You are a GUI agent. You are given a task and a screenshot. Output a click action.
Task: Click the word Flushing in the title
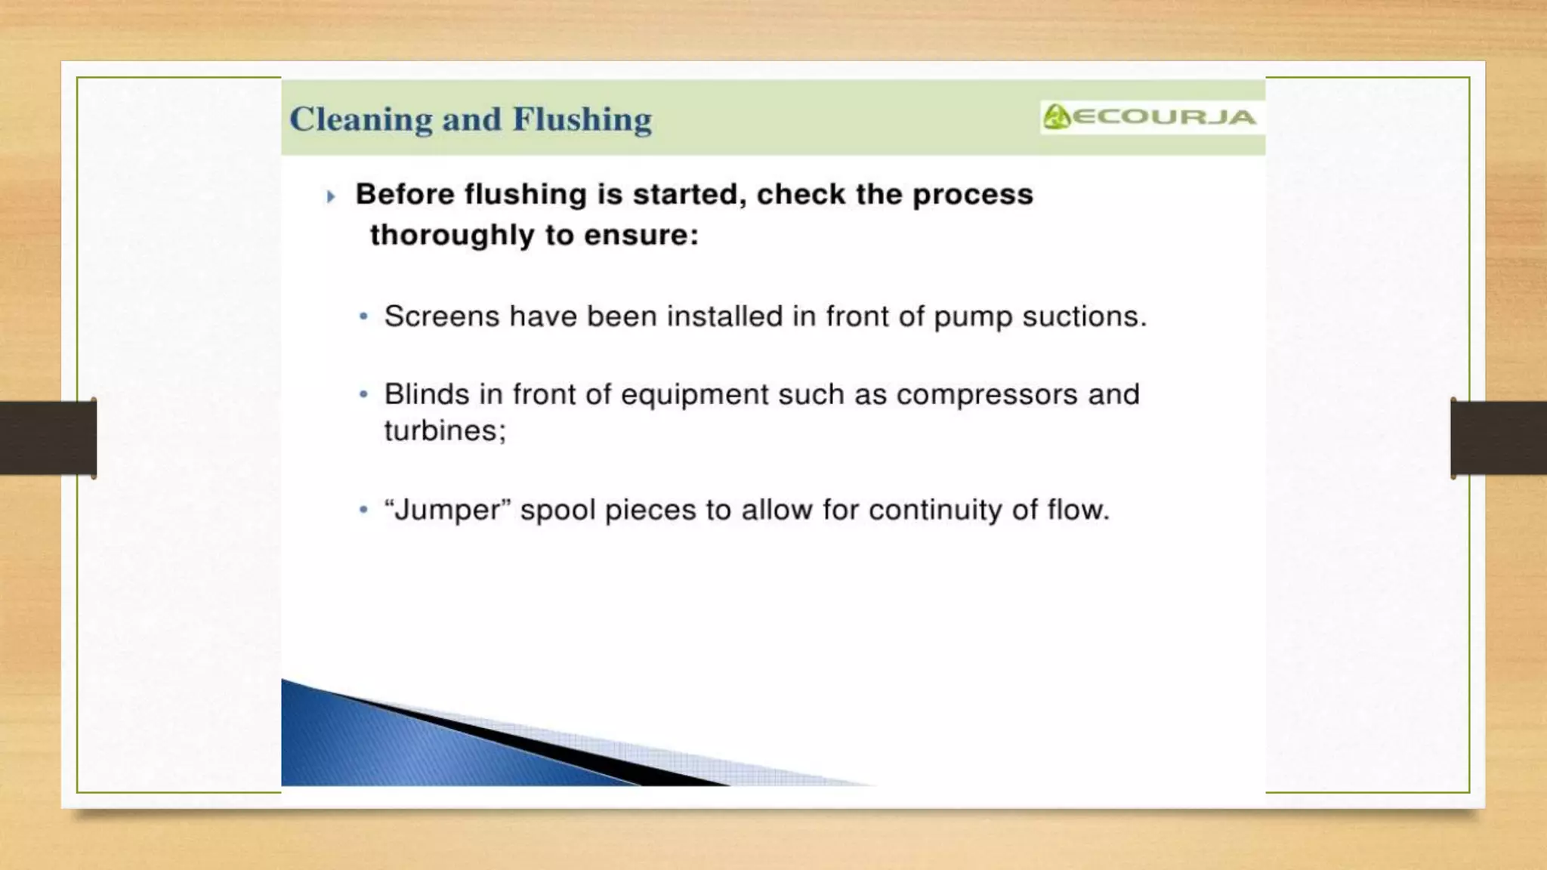(x=582, y=119)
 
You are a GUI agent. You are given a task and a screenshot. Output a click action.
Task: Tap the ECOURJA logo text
(x=1164, y=117)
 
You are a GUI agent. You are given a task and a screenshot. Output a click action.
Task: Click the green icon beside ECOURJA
(x=1056, y=117)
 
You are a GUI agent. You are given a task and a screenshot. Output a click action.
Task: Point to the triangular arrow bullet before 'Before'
(x=330, y=197)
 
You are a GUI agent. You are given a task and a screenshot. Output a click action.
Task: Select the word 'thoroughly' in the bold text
(x=452, y=235)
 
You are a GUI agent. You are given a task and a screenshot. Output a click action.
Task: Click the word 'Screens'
(x=442, y=316)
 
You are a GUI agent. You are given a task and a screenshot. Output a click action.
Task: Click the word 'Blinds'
(x=427, y=394)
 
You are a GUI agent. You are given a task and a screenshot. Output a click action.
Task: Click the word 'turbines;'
(x=445, y=430)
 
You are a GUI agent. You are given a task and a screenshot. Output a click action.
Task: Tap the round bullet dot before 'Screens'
(x=364, y=316)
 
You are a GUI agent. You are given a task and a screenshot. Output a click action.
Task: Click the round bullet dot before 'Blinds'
(x=364, y=394)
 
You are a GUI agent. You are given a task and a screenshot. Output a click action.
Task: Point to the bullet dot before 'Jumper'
(x=364, y=511)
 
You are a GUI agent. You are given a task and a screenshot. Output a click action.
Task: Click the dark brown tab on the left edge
(x=48, y=438)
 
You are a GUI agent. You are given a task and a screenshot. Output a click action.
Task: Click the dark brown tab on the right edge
(x=1499, y=438)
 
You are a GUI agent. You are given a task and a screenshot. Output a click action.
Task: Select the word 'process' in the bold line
(x=972, y=195)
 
